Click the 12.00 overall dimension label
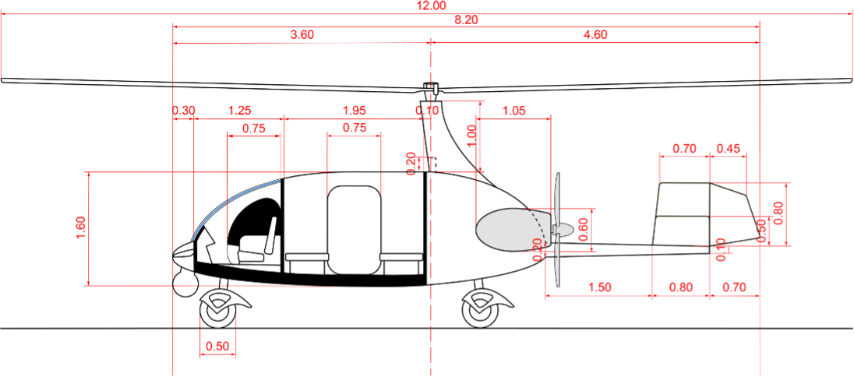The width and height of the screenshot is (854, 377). click(x=432, y=5)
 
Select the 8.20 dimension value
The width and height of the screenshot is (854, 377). click(x=466, y=20)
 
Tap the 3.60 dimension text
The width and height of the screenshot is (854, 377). click(x=302, y=35)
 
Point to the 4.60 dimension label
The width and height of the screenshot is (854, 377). click(x=595, y=35)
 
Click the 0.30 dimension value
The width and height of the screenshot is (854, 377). click(x=184, y=111)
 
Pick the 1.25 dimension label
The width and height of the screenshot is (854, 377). click(x=239, y=111)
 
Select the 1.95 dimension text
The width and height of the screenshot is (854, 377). click(x=355, y=111)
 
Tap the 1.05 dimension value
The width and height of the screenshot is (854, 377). click(x=515, y=111)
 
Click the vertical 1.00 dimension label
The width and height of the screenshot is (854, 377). click(x=471, y=136)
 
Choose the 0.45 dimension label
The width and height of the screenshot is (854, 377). click(x=728, y=149)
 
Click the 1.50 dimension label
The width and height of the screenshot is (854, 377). click(x=599, y=287)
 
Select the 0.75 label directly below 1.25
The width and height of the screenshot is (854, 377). click(x=255, y=129)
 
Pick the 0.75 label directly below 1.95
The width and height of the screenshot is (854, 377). click(x=355, y=129)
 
